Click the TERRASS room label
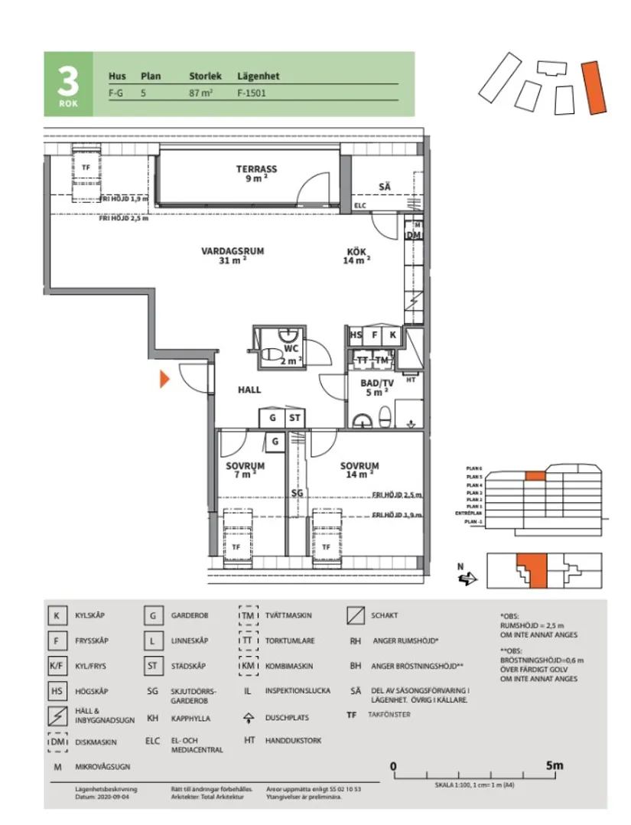click(x=256, y=169)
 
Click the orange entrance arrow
click(x=164, y=379)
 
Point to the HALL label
click(x=249, y=390)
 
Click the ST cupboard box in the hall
click(x=294, y=418)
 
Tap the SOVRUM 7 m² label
click(x=245, y=465)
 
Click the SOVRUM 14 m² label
click(x=359, y=465)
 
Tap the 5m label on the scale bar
click(x=554, y=765)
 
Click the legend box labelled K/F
click(x=56, y=666)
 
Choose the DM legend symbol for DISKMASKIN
click(x=57, y=742)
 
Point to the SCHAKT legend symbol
click(x=355, y=615)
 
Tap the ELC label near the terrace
click(x=360, y=205)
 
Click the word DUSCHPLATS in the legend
click(x=291, y=719)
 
